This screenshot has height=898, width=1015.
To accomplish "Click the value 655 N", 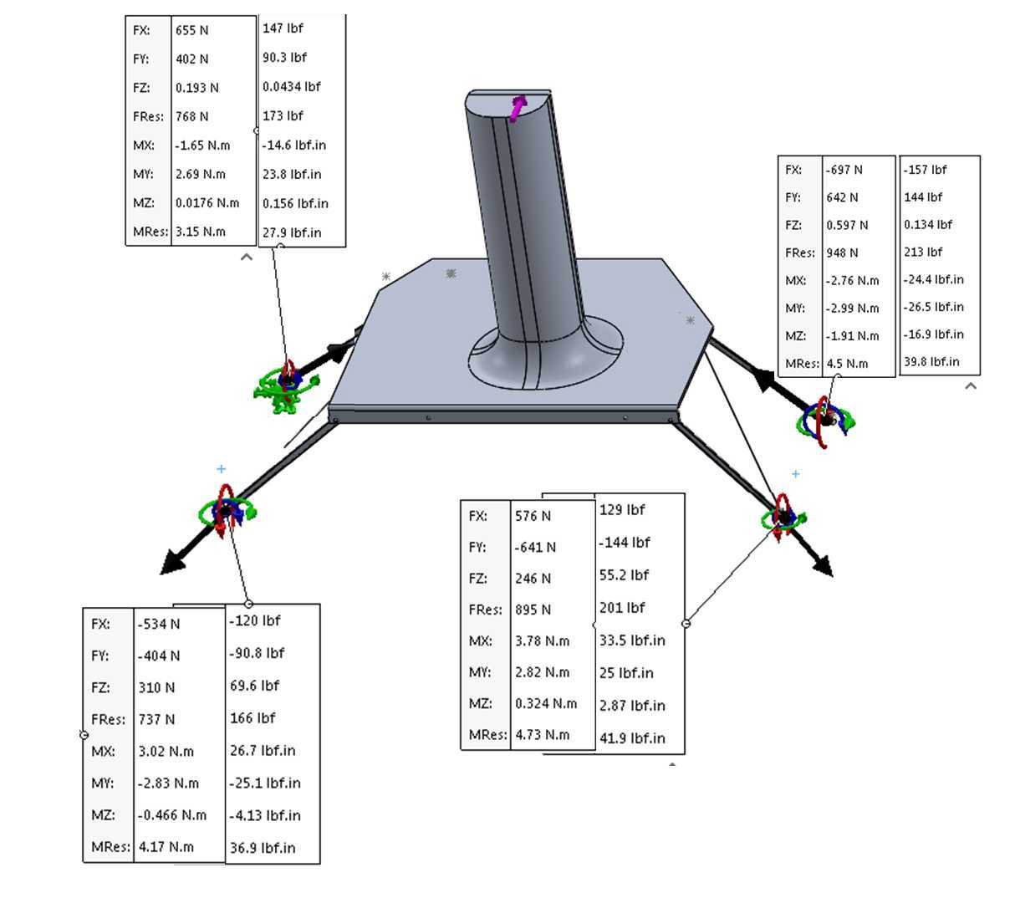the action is (x=191, y=30).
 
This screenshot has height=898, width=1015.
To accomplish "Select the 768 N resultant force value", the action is (x=191, y=116).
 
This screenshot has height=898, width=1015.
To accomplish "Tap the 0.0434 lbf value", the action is (x=292, y=87).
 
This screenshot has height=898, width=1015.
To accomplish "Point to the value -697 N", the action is (x=844, y=170).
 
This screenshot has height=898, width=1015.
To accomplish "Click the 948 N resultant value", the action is (x=842, y=253).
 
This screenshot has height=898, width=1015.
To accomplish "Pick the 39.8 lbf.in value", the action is (x=931, y=362).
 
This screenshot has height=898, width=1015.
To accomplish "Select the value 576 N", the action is (x=533, y=516).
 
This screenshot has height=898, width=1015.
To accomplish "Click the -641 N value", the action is (x=535, y=547).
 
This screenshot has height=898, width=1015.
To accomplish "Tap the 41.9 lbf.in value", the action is (x=632, y=738).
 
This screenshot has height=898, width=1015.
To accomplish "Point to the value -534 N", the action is (x=159, y=624).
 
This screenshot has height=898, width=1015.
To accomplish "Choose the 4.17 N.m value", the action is (x=166, y=847).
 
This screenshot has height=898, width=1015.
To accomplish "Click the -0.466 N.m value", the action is (x=172, y=815).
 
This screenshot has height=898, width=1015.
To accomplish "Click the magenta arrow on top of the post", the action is (x=518, y=109).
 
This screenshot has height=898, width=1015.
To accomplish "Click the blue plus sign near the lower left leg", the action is (x=221, y=469).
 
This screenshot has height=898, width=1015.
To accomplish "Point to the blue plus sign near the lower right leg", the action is (x=796, y=474).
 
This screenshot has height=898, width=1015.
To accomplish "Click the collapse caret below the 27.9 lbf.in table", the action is (x=247, y=257).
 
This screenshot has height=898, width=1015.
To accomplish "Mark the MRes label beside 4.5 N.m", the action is (x=802, y=364).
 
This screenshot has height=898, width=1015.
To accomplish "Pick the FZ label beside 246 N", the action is (x=478, y=579).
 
